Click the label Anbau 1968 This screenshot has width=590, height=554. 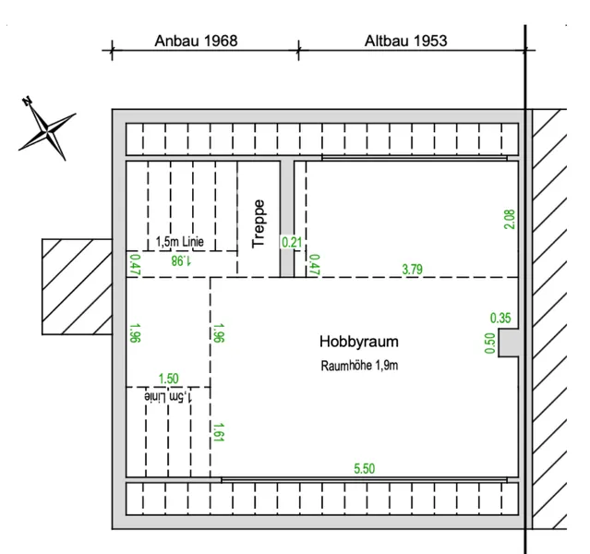[196, 41]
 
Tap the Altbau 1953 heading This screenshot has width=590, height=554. [406, 41]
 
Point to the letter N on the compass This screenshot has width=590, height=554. [27, 101]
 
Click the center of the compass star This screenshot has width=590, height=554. [48, 132]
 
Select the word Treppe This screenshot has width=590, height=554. [259, 223]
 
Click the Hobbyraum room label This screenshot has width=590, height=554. [359, 342]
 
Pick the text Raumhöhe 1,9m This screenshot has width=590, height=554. [359, 366]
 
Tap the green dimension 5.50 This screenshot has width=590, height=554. [364, 468]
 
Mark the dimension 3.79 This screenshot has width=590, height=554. [413, 270]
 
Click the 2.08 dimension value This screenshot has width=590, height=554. [509, 220]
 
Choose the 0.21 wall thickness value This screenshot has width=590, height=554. [292, 242]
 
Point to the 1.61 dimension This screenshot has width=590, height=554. [219, 432]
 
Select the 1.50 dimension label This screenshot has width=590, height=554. [169, 379]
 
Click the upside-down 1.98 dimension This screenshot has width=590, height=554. [181, 260]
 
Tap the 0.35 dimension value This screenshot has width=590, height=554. [500, 319]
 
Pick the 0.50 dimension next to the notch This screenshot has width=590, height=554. [489, 343]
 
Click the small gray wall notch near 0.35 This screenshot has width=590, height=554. [509, 343]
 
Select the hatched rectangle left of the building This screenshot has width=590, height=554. [77, 287]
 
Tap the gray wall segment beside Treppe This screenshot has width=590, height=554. [287, 219]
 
